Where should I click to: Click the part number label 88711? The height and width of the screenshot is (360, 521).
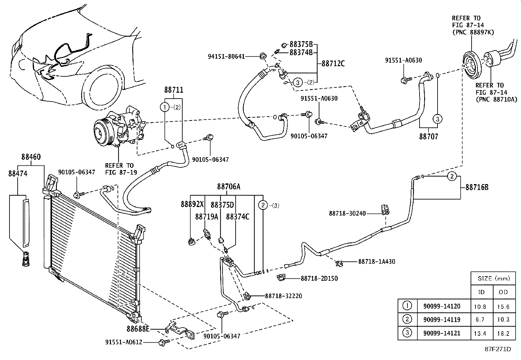click(173, 90)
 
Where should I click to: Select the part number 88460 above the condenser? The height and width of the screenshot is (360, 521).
click(31, 157)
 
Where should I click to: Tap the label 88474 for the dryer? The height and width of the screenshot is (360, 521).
click(18, 174)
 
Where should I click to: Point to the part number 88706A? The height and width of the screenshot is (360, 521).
click(228, 187)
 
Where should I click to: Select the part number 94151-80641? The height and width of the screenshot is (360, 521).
click(226, 56)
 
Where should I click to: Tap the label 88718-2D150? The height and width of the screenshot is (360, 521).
click(319, 278)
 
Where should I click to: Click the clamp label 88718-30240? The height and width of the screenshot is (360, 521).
click(347, 214)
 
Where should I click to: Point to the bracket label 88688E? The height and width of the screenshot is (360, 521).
click(138, 328)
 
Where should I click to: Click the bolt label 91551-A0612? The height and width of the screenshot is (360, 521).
click(123, 342)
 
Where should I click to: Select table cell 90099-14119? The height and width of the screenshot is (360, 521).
click(441, 319)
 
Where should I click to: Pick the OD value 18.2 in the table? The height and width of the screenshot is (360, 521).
click(503, 333)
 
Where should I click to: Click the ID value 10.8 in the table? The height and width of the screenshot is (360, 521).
click(480, 307)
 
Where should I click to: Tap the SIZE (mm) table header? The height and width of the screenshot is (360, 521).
click(494, 278)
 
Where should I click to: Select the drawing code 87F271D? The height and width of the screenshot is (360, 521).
click(498, 349)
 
